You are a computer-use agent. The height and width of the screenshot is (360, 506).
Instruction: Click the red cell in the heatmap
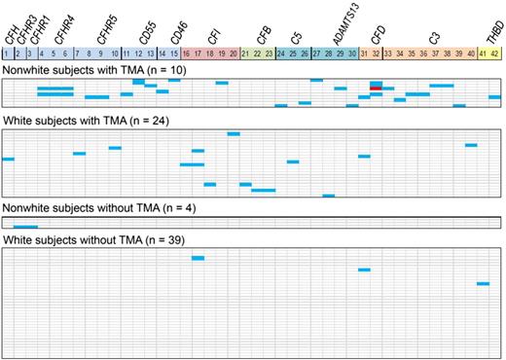click(376, 90)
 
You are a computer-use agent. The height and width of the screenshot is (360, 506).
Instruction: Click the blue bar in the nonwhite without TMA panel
click(25, 226)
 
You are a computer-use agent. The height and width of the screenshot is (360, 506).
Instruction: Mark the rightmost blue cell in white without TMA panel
click(483, 283)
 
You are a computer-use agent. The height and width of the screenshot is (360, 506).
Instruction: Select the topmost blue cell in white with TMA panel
click(234, 134)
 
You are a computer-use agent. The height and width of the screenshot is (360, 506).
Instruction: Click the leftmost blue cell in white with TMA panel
click(8, 159)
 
